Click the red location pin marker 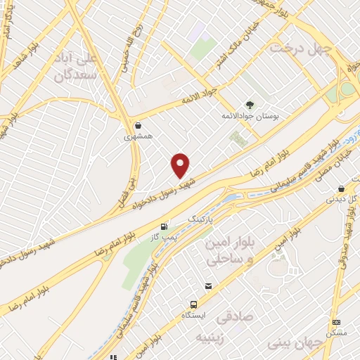click(x=181, y=166)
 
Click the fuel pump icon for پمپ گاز click(x=164, y=226)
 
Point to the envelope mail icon click(x=209, y=286)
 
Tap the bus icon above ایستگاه click(x=193, y=304)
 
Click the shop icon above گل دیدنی click(x=341, y=188)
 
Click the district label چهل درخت click(x=296, y=49)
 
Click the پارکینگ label click(x=200, y=219)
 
